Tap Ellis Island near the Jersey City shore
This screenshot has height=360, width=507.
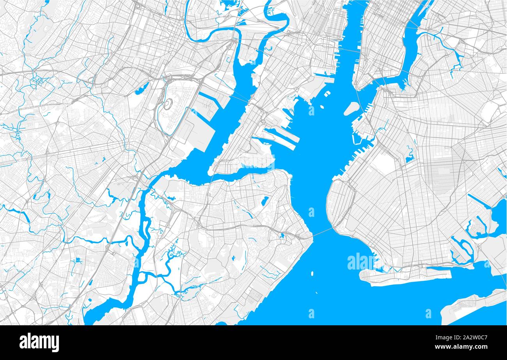click(327, 94)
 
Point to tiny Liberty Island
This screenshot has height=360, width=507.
click(322, 106)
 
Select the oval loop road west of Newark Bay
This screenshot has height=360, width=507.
click(168, 104)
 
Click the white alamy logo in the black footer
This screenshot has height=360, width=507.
click(39, 342)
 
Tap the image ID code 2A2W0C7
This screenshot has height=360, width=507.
click(470, 337)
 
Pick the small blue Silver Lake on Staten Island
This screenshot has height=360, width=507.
click(265, 201)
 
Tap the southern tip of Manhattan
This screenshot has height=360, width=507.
click(357, 88)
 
